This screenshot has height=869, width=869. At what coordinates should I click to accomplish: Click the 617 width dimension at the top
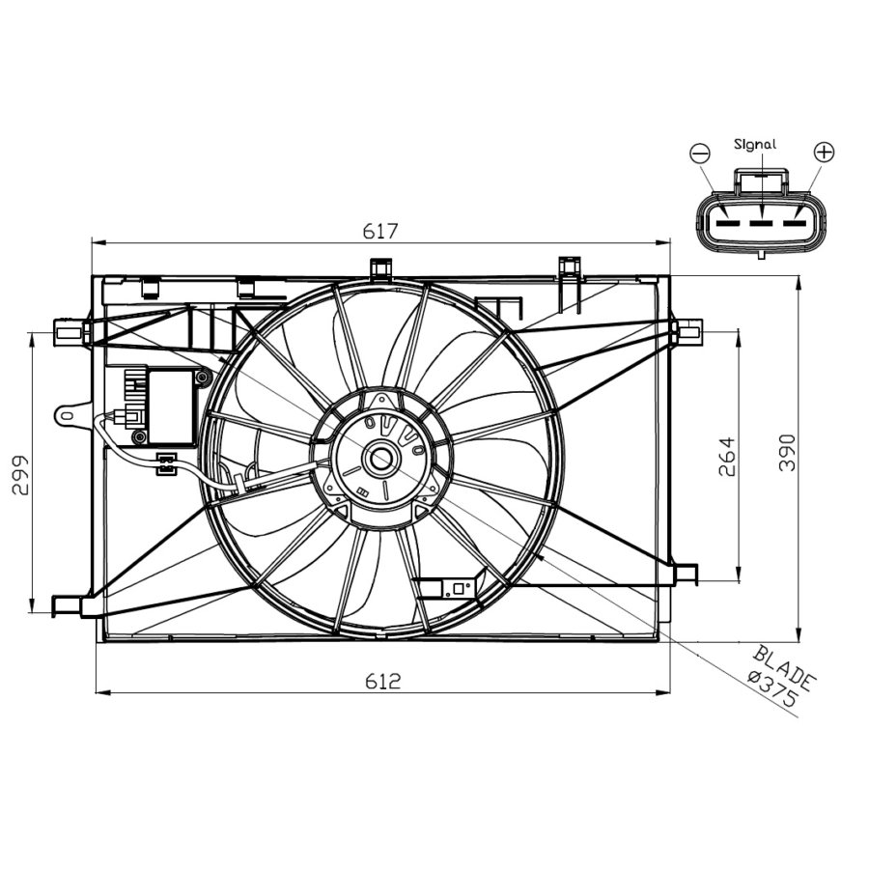coord(380,232)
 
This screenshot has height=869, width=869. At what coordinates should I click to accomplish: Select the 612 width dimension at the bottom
coord(383,681)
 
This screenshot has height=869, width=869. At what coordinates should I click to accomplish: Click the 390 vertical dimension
coord(787,452)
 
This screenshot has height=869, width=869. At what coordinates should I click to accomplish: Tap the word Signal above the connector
coord(755,144)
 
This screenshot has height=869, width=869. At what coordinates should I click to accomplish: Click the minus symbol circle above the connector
coord(700,153)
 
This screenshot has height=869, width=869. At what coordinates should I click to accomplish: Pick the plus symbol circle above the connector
coord(824,152)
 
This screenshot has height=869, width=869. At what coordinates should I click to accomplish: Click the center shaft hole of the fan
coord(381,459)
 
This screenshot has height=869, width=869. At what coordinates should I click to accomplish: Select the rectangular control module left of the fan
coord(171,406)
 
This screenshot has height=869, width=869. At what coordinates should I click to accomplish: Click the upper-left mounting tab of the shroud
coord(69,333)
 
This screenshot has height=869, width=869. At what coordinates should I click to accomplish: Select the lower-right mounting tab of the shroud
coord(686,573)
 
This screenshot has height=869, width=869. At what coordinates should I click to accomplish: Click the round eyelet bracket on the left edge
coord(68,414)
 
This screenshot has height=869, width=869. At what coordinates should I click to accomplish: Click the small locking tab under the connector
coord(762,255)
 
